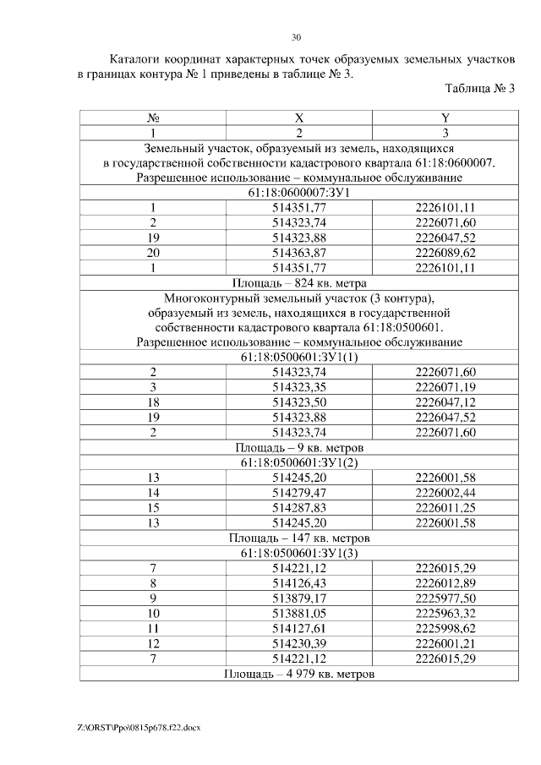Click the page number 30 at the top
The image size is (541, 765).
click(297, 37)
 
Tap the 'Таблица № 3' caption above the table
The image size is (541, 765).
click(479, 88)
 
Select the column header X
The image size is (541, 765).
click(298, 118)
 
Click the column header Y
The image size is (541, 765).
click(445, 118)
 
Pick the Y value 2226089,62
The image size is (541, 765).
click(445, 253)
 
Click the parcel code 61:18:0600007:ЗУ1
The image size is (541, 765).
click(298, 193)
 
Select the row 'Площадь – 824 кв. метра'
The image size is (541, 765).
click(298, 282)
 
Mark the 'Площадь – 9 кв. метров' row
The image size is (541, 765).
click(298, 447)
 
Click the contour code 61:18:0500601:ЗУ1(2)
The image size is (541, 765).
click(298, 462)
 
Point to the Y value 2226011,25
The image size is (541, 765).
click(445, 507)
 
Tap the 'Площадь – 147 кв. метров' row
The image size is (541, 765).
click(298, 537)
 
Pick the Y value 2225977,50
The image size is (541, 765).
click(445, 597)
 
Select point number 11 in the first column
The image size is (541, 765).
click(153, 627)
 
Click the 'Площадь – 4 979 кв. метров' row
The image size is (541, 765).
click(298, 673)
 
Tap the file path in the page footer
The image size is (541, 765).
click(137, 727)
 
